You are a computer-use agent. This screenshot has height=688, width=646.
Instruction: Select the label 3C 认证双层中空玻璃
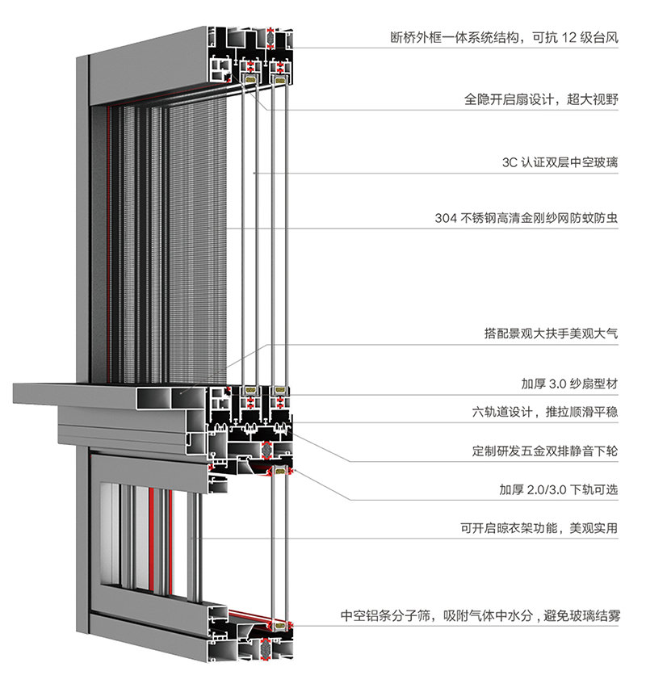tap(560, 162)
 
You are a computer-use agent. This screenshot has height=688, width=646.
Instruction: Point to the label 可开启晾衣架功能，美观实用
tap(539, 529)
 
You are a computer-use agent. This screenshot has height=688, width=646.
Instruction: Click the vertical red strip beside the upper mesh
tap(108, 242)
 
